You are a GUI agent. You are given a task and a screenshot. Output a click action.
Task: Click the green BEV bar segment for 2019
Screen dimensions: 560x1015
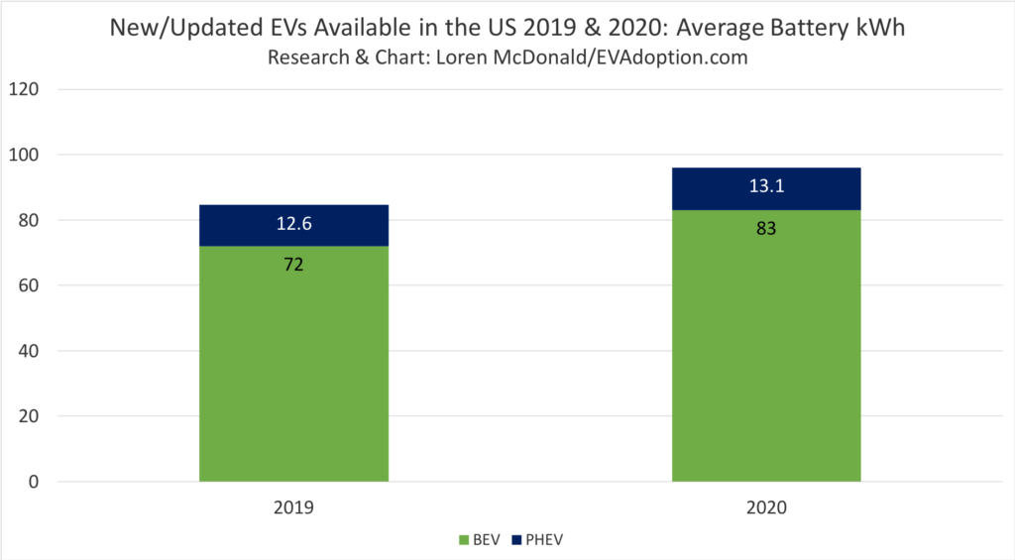(x=293, y=377)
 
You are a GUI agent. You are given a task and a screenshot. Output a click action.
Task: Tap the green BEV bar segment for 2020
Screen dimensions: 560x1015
(x=766, y=357)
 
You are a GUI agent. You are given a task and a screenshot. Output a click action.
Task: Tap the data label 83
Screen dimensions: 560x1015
(x=766, y=228)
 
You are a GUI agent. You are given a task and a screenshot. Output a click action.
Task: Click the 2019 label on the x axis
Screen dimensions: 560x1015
(x=293, y=507)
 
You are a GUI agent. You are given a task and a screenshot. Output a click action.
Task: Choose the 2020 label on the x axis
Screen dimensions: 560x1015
(x=766, y=507)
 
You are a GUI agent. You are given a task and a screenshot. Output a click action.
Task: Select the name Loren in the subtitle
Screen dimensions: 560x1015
(x=463, y=57)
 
